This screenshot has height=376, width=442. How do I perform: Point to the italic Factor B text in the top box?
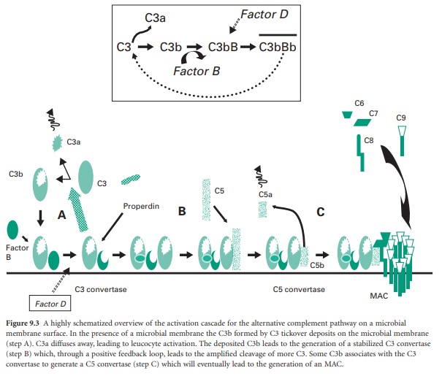pyautogui.click(x=196, y=72)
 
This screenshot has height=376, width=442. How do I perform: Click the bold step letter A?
pyautogui.click(x=63, y=214)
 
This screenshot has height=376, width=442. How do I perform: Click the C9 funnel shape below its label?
pyautogui.click(x=402, y=135)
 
